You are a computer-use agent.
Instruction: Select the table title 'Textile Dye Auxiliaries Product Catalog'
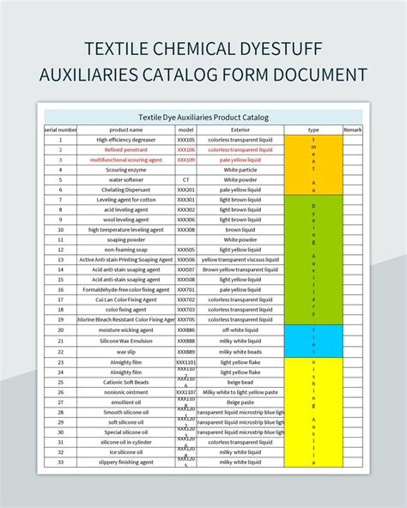[x=203, y=118]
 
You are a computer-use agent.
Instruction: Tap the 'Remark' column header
[x=353, y=129]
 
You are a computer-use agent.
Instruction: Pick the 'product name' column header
[x=125, y=129]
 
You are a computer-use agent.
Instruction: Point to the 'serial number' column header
[x=60, y=129]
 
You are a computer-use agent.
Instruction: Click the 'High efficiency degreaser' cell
[x=125, y=139]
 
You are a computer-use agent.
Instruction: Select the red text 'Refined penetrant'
[x=125, y=149]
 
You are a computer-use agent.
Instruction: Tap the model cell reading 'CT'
[x=185, y=179]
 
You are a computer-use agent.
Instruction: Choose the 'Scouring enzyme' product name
[x=125, y=169]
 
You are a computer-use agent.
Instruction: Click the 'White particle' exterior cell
[x=240, y=169]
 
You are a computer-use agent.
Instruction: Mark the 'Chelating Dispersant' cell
[x=125, y=190]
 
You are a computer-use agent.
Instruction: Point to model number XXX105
[x=185, y=139]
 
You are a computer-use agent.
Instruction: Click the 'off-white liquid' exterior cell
[x=240, y=330]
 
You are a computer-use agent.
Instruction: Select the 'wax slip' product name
[x=125, y=351]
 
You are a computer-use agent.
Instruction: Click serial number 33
[x=60, y=462]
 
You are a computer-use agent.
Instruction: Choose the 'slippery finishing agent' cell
[x=125, y=462]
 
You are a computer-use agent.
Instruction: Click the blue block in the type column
[x=313, y=340]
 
